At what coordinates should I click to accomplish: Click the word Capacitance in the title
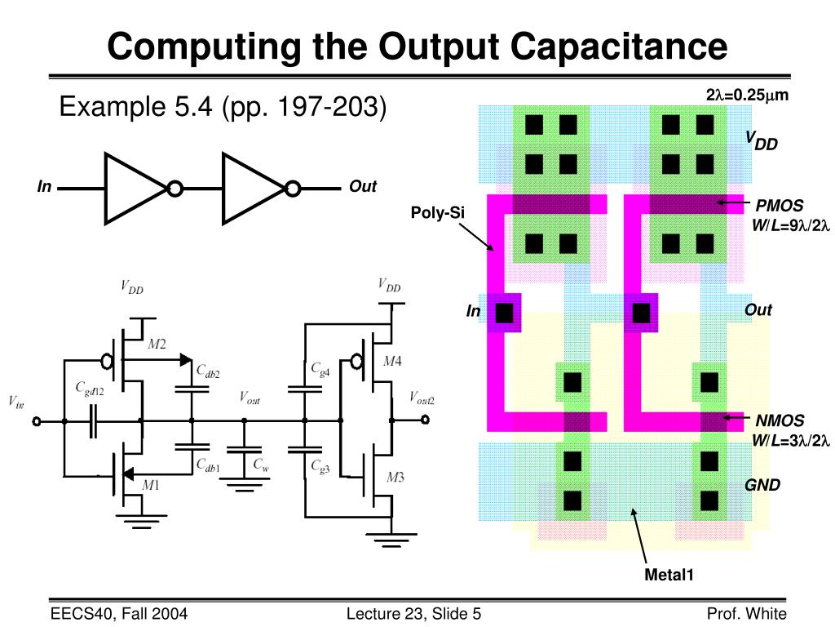(x=619, y=47)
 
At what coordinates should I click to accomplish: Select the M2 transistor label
(x=157, y=345)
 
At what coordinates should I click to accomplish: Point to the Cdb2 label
(x=208, y=371)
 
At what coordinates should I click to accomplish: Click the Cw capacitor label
(x=261, y=465)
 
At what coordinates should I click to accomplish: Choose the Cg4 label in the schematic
(x=320, y=369)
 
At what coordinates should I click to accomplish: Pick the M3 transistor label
(x=395, y=477)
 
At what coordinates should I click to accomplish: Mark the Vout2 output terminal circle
(x=425, y=420)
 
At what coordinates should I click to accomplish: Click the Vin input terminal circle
(x=36, y=421)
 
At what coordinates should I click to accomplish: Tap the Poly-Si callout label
(x=437, y=213)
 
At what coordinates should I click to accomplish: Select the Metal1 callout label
(x=669, y=575)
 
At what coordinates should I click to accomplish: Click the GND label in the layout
(x=762, y=485)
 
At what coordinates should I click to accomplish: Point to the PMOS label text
(x=780, y=206)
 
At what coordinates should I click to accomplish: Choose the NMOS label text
(x=780, y=420)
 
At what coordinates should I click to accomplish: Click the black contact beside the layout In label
(x=504, y=313)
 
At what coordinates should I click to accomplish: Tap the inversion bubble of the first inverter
(x=175, y=189)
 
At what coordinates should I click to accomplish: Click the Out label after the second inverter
(x=363, y=186)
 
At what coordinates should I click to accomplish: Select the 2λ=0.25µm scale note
(x=747, y=95)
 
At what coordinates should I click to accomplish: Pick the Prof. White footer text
(x=747, y=614)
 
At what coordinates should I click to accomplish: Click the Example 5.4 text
(x=135, y=106)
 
